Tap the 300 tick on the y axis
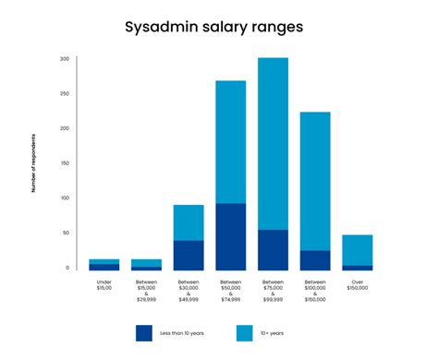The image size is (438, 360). pyautogui.click(x=65, y=59)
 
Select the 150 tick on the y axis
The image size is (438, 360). pyautogui.click(x=65, y=163)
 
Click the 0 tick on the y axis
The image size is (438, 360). pyautogui.click(x=67, y=268)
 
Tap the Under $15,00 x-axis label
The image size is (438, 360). pyautogui.click(x=103, y=286)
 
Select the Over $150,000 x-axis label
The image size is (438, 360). pyautogui.click(x=358, y=286)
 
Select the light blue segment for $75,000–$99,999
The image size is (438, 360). pyautogui.click(x=273, y=143)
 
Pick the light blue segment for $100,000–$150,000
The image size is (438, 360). pyautogui.click(x=315, y=181)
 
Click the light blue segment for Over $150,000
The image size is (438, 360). pyautogui.click(x=358, y=250)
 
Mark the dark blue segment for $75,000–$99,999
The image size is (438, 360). pyautogui.click(x=273, y=250)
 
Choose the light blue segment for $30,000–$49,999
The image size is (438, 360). pyautogui.click(x=189, y=222)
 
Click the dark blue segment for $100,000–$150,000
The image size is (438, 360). pyautogui.click(x=315, y=260)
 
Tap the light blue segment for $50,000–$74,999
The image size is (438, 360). pyautogui.click(x=231, y=142)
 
